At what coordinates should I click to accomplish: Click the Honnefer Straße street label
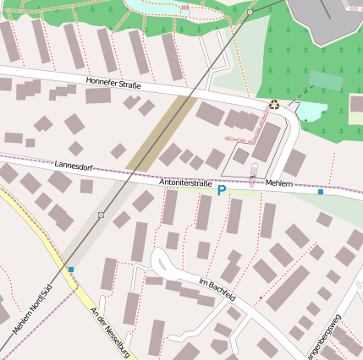(x=113, y=84)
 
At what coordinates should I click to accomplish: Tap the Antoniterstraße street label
(x=185, y=182)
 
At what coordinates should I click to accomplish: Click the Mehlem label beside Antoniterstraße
(x=278, y=183)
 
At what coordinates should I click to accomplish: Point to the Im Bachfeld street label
(x=217, y=287)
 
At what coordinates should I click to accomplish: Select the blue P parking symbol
(x=222, y=191)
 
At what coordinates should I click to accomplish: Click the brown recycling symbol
(x=274, y=105)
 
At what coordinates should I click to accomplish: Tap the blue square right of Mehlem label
(x=321, y=193)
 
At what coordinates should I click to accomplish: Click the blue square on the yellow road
(x=71, y=270)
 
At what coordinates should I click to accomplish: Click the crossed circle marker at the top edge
(x=250, y=13)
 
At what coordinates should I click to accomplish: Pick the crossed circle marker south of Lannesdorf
(x=101, y=215)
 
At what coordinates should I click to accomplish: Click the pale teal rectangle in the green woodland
(x=326, y=80)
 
